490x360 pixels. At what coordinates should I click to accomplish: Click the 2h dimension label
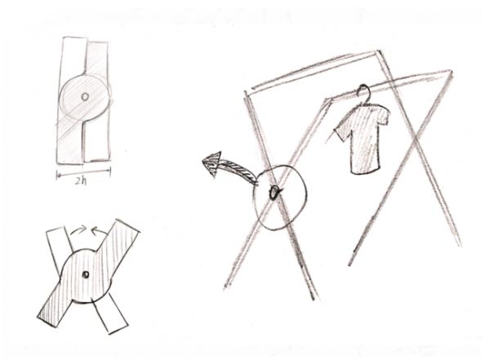(x=80, y=181)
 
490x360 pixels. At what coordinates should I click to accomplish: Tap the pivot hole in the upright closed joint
(x=85, y=97)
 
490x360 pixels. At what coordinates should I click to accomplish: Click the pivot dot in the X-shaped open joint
(x=85, y=274)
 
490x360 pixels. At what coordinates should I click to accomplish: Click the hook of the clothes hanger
(x=363, y=91)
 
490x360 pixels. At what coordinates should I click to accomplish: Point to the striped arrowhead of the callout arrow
(x=212, y=163)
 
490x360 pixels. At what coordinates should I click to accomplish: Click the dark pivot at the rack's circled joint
(x=274, y=193)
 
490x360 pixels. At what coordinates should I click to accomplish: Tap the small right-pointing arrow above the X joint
(x=78, y=230)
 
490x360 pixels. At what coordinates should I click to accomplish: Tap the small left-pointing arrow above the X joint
(x=100, y=232)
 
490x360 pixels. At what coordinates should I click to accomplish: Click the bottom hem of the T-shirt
(x=365, y=171)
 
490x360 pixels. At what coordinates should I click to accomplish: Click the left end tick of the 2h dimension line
(x=57, y=175)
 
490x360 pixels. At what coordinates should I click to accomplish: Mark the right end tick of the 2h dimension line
(x=110, y=171)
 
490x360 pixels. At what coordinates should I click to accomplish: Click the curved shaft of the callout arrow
(x=240, y=169)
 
